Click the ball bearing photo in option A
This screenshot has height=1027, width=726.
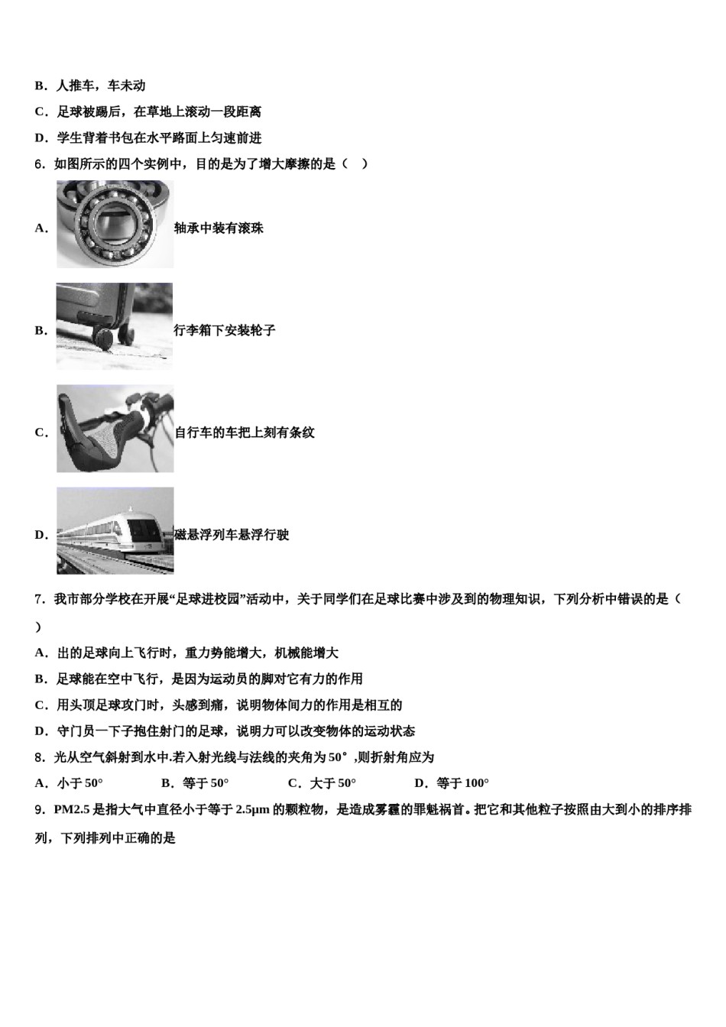pyautogui.click(x=115, y=224)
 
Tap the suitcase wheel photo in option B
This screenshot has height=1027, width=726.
pyautogui.click(x=115, y=326)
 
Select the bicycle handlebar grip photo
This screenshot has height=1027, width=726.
pyautogui.click(x=115, y=429)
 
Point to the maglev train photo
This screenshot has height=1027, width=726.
pyautogui.click(x=115, y=531)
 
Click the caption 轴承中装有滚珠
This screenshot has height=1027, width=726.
pyautogui.click(x=219, y=228)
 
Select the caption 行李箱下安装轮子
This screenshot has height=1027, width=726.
pyautogui.click(x=225, y=330)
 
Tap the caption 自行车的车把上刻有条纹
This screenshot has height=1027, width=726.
pyautogui.click(x=245, y=433)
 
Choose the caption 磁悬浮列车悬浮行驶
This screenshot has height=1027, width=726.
pyautogui.click(x=232, y=535)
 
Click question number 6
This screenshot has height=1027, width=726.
pyautogui.click(x=40, y=164)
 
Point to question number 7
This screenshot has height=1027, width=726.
pyautogui.click(x=40, y=599)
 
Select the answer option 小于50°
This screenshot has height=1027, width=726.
pyautogui.click(x=79, y=782)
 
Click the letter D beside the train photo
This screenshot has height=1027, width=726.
pyautogui.click(x=41, y=535)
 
